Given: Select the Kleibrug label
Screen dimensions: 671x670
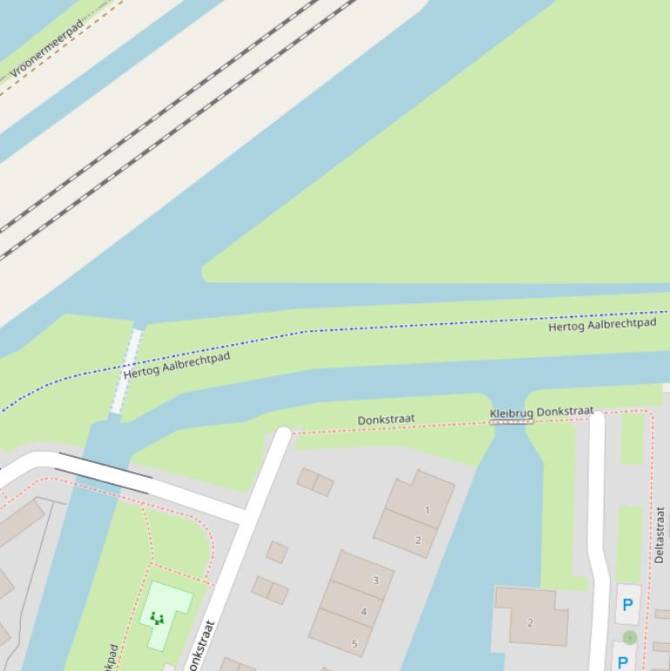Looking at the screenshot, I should point(511,413).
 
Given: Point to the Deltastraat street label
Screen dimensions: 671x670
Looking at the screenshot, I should point(660,535).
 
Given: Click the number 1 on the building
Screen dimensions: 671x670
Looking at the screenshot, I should point(427,510).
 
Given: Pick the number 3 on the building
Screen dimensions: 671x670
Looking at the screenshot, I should point(376,580).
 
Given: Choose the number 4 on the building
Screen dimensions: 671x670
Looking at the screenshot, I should point(364,612).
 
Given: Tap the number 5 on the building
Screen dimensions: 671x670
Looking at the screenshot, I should point(355,644).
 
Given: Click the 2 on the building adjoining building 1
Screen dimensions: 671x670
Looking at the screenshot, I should point(418,540).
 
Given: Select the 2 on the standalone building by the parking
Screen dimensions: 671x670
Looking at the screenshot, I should point(530,622).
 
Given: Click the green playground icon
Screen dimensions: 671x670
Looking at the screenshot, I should point(158,619).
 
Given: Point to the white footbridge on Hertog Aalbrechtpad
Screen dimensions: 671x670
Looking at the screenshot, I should point(126,370).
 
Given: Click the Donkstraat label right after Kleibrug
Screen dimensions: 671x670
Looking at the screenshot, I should point(565,411).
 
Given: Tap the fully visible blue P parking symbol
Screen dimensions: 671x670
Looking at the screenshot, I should point(626,605).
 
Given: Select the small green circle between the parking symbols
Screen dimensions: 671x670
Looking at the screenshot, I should point(630,638).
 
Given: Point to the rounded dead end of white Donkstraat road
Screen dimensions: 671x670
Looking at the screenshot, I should point(282,433).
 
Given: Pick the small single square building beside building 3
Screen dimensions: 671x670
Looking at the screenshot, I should point(277,552).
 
